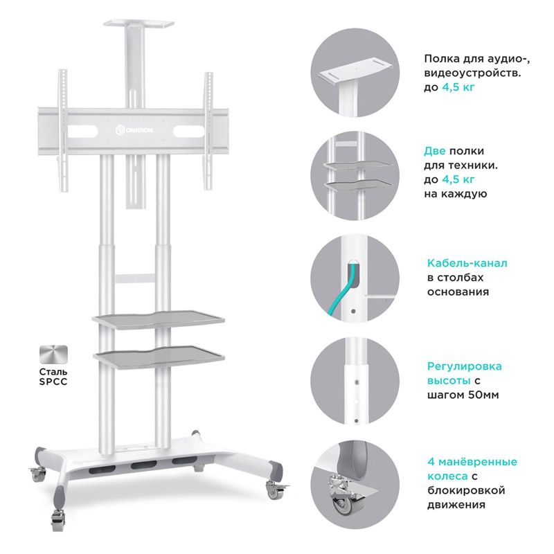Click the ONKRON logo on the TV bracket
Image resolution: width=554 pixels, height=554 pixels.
pos(134,130)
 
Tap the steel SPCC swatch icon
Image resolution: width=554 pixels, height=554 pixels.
pos(53,355)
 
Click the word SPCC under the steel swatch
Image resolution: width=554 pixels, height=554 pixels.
pos(53,382)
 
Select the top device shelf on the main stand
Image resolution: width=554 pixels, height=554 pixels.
pos(139,24)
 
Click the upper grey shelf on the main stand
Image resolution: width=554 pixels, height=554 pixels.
pos(159,319)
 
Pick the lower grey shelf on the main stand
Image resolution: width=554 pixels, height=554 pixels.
pos(159,357)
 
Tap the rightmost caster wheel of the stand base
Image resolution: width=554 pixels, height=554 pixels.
pos(275,490)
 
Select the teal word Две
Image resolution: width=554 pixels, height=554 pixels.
pos(435,151)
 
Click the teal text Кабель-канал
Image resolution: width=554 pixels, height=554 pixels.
pos(467,263)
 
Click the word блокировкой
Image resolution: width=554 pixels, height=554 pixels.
pos(466,490)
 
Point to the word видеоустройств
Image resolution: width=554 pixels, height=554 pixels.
pos(472,73)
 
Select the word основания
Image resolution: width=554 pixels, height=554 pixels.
pos(458,292)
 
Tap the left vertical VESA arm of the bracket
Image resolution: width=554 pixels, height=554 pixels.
pos(63,130)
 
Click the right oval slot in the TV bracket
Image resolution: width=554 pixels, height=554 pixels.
pos(188,132)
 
